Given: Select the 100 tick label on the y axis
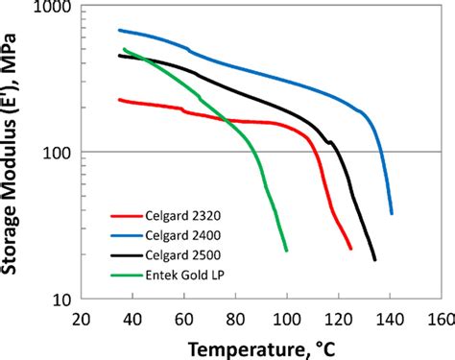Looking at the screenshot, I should coord(57,153).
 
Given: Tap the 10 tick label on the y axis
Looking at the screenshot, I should coord(60,300).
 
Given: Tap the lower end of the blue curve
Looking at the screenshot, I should coord(392,213).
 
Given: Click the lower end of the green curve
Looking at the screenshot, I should coord(287,251).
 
